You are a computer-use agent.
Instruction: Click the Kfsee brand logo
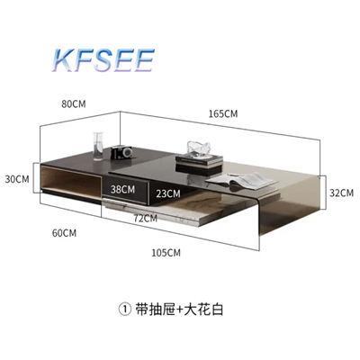click(103, 61)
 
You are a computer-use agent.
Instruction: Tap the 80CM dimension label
click(74, 104)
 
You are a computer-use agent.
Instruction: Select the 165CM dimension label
click(223, 113)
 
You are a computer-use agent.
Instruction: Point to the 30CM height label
click(17, 179)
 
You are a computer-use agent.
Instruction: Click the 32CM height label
click(341, 193)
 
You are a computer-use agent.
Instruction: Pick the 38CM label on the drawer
click(122, 189)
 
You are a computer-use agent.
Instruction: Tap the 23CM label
click(168, 193)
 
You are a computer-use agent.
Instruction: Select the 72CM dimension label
click(146, 218)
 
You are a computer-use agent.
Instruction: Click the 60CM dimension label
click(64, 233)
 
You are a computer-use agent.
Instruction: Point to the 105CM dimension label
click(166, 253)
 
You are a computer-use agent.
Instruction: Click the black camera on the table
click(121, 152)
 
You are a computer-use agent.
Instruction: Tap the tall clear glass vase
click(98, 147)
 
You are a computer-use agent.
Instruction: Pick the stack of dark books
click(199, 163)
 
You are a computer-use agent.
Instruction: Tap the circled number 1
click(125, 310)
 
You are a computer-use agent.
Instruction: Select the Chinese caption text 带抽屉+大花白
click(179, 310)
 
